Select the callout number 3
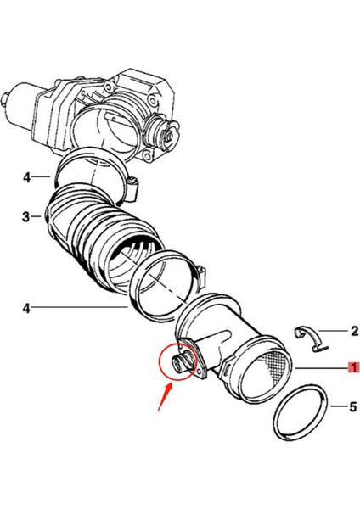(26, 217)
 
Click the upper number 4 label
(26, 177)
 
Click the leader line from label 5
(335, 407)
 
